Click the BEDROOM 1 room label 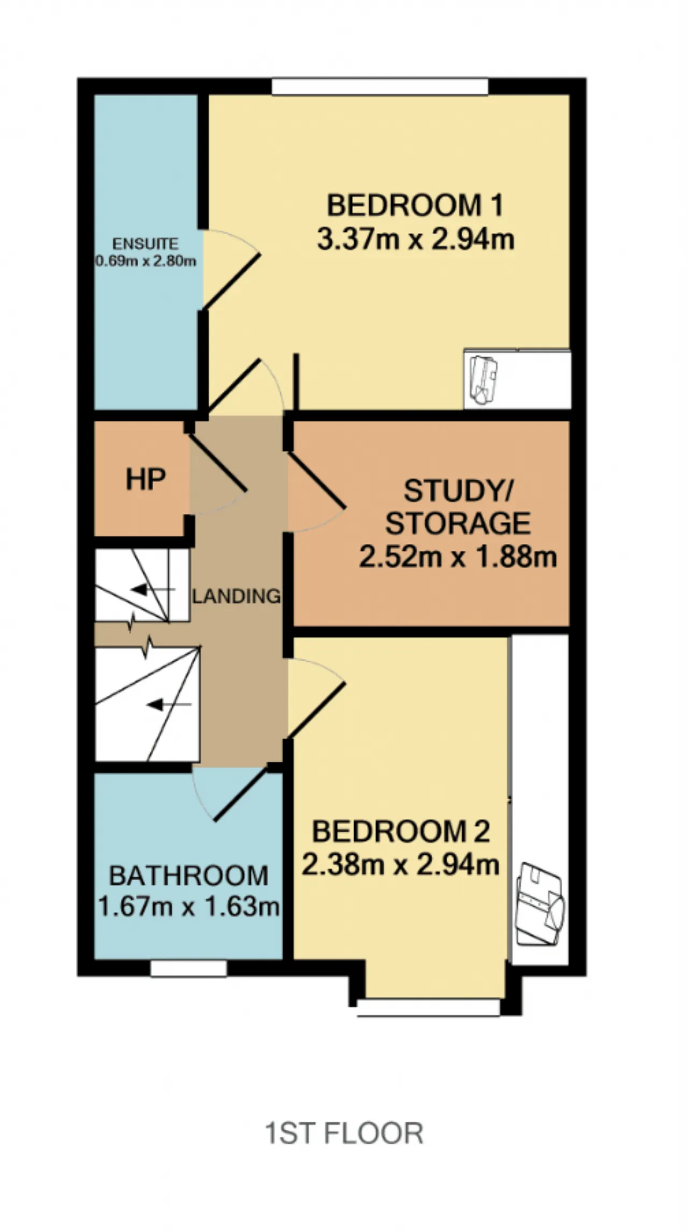coord(415,206)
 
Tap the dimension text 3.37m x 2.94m coord(415,239)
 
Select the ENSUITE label coord(145,244)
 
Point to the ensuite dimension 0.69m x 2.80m coord(146,261)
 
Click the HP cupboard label coord(146,479)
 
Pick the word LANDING coord(236,596)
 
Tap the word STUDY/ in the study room coord(458,490)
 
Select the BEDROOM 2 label coord(401,831)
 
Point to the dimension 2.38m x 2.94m coord(400,865)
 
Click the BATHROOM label coord(189,876)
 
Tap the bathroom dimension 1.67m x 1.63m coord(189,907)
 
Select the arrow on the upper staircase coord(153,590)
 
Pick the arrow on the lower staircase coord(169,704)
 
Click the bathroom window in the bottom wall coord(189,968)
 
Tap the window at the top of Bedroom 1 coord(380,87)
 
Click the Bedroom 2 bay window coord(429,1008)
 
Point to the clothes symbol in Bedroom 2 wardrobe coord(540,904)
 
